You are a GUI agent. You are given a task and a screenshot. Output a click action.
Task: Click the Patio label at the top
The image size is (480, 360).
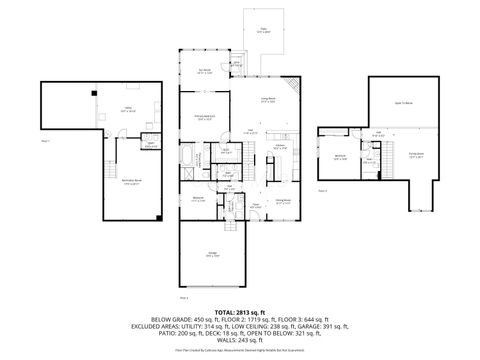(x=264, y=29)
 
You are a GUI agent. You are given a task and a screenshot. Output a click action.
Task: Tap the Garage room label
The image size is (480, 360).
(x=213, y=254)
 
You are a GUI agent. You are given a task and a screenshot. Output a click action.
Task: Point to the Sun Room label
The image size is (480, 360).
(x=204, y=71)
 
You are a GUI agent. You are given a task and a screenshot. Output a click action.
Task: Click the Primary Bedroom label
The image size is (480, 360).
(x=204, y=118)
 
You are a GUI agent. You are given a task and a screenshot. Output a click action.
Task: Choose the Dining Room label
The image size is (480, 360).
(x=283, y=200)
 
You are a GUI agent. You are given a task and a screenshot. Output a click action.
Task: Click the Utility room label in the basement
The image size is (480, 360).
(x=129, y=109)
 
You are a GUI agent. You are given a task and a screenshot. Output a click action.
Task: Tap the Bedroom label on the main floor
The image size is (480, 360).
(x=200, y=198)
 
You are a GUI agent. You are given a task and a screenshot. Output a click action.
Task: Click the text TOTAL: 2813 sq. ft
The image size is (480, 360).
(x=239, y=313)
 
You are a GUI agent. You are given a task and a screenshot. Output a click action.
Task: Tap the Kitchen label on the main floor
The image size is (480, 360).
(x=281, y=146)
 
